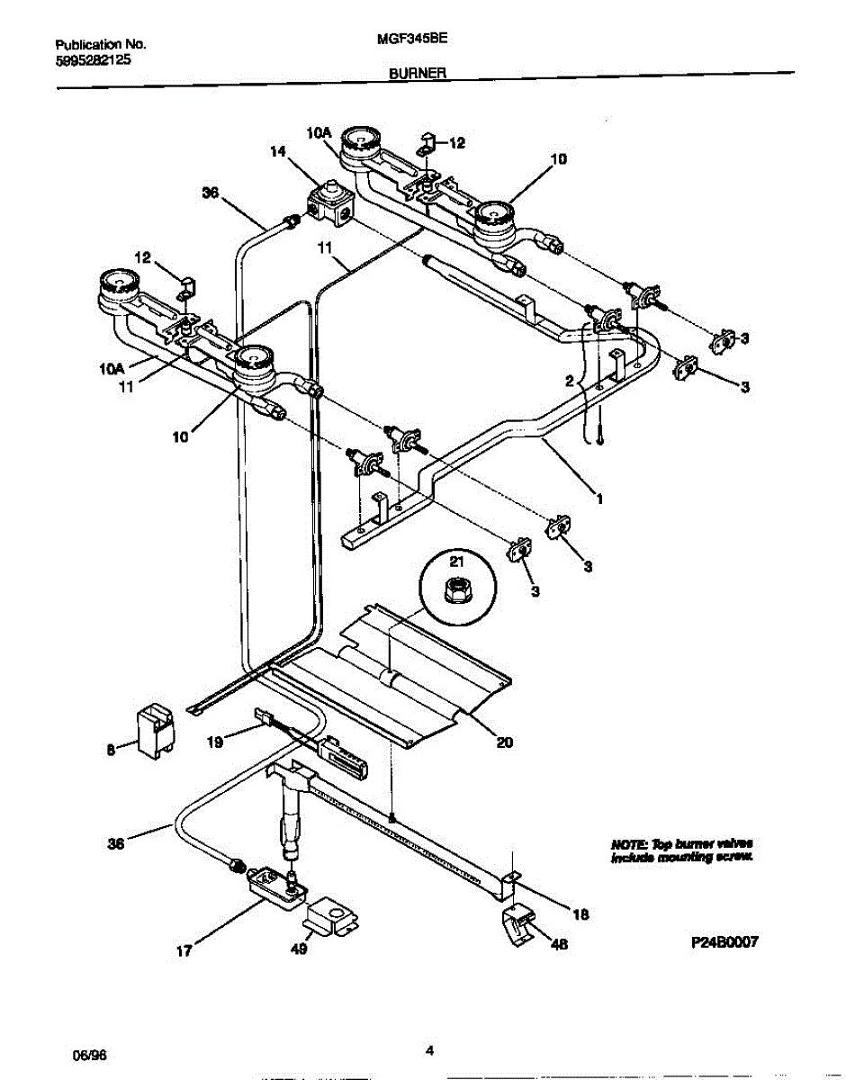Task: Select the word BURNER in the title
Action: pyautogui.click(x=419, y=77)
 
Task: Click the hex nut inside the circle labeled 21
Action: pyautogui.click(x=455, y=590)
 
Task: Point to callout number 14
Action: pyautogui.click(x=278, y=153)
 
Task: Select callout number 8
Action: pyautogui.click(x=111, y=746)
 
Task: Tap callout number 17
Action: pyautogui.click(x=184, y=949)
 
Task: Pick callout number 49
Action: pyautogui.click(x=299, y=949)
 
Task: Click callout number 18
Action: pyautogui.click(x=580, y=914)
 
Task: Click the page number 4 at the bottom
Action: pyautogui.click(x=430, y=1049)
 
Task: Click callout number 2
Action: pyautogui.click(x=569, y=381)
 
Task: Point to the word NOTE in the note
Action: pyautogui.click(x=627, y=844)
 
